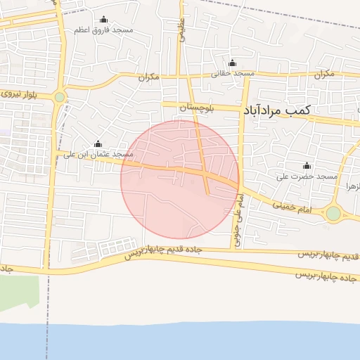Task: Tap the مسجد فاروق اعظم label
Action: (x=105, y=30)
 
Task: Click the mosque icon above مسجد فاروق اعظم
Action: (x=105, y=20)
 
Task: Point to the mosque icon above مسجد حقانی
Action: (x=233, y=63)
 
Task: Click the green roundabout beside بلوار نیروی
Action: (x=60, y=98)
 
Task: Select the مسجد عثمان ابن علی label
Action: (x=98, y=154)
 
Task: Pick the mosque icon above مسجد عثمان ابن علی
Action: (x=98, y=143)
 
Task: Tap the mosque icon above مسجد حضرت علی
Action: (x=307, y=165)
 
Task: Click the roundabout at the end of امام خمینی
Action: (x=333, y=213)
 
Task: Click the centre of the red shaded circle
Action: (x=180, y=179)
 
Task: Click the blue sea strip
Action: (x=180, y=341)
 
